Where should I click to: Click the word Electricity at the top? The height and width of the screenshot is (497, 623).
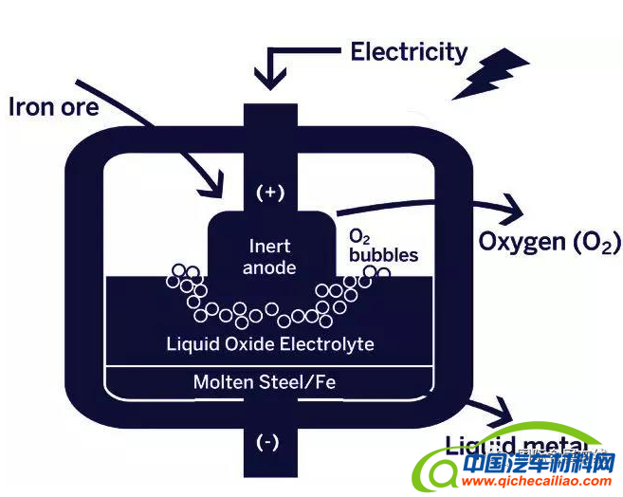(x=409, y=51)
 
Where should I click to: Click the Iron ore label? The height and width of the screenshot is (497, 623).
(x=53, y=107)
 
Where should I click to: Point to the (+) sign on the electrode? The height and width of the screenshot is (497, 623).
(x=270, y=193)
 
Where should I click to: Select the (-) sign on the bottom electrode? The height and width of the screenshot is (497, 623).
(x=269, y=442)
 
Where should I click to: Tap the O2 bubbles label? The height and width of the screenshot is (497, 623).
(x=382, y=245)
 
